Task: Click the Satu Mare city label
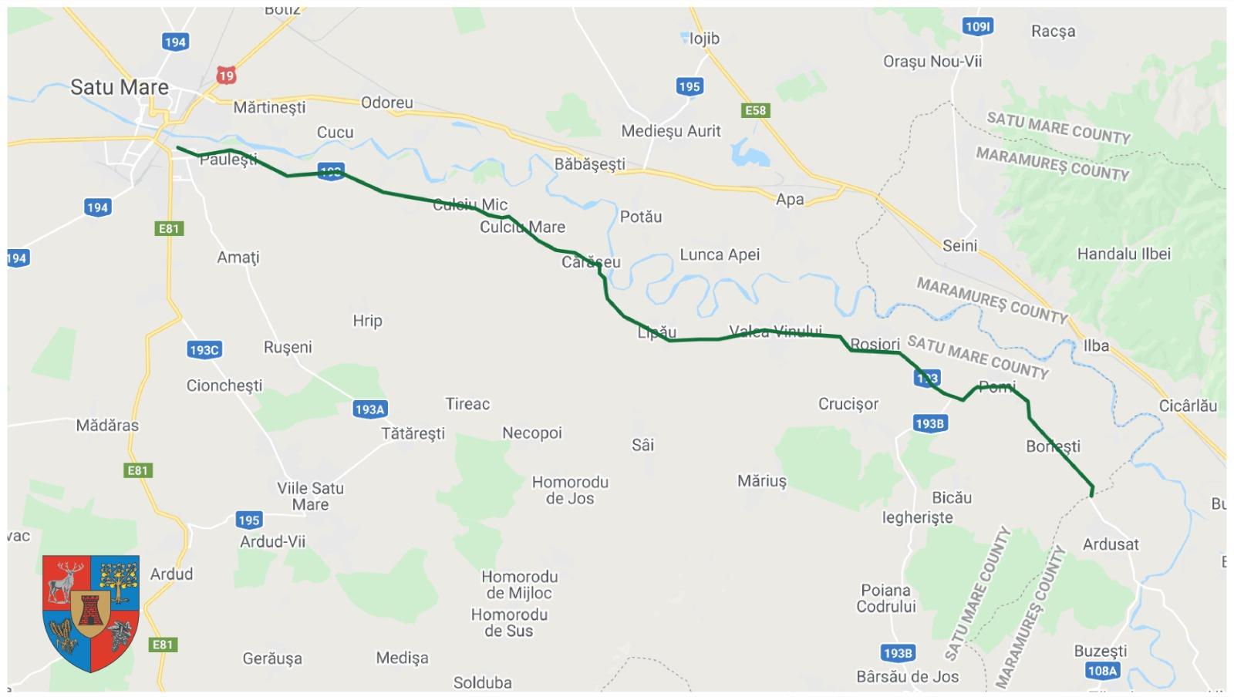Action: coord(119,87)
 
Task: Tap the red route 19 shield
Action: coord(225,75)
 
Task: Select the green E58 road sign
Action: coord(755,110)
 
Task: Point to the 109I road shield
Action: coord(978,27)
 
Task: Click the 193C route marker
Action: coord(204,350)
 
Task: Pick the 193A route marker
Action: coord(369,409)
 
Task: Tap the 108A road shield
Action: coord(1102,671)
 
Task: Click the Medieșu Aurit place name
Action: coord(671,131)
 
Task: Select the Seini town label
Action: coord(959,245)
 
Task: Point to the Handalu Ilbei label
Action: coord(1124,254)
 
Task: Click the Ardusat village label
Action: coord(1111,544)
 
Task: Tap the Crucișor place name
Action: coord(848,404)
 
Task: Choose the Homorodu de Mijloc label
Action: coord(519,584)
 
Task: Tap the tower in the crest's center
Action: coord(91,611)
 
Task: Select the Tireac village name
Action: coord(467,404)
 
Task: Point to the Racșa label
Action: coord(1053,32)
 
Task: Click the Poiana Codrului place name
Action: coord(886,598)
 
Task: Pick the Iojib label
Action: coord(703,39)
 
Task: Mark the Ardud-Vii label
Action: coord(272,541)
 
